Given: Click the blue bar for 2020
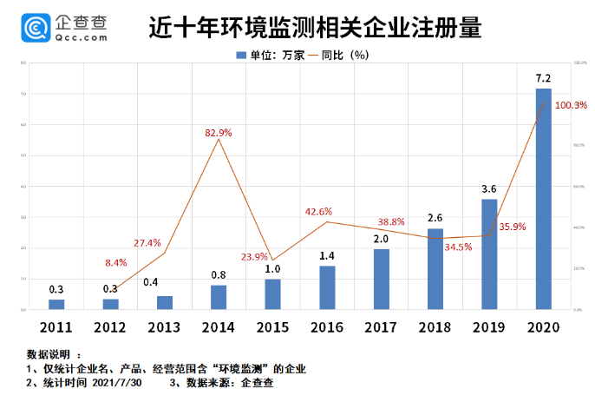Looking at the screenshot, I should (543, 199).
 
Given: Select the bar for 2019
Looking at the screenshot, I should (489, 254).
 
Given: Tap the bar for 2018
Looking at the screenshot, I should (435, 269).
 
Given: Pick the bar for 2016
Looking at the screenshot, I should (327, 287).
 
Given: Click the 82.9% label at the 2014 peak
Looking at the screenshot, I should (218, 132).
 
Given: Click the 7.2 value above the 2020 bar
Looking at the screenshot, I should (544, 79).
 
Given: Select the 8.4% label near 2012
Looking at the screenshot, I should (116, 262).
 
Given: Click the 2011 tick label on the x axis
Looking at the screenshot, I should (56, 326).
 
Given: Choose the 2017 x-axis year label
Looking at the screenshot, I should (381, 326).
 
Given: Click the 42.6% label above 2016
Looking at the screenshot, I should (318, 211).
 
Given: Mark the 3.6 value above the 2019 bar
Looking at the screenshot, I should (489, 189).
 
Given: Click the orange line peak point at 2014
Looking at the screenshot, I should (219, 140).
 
